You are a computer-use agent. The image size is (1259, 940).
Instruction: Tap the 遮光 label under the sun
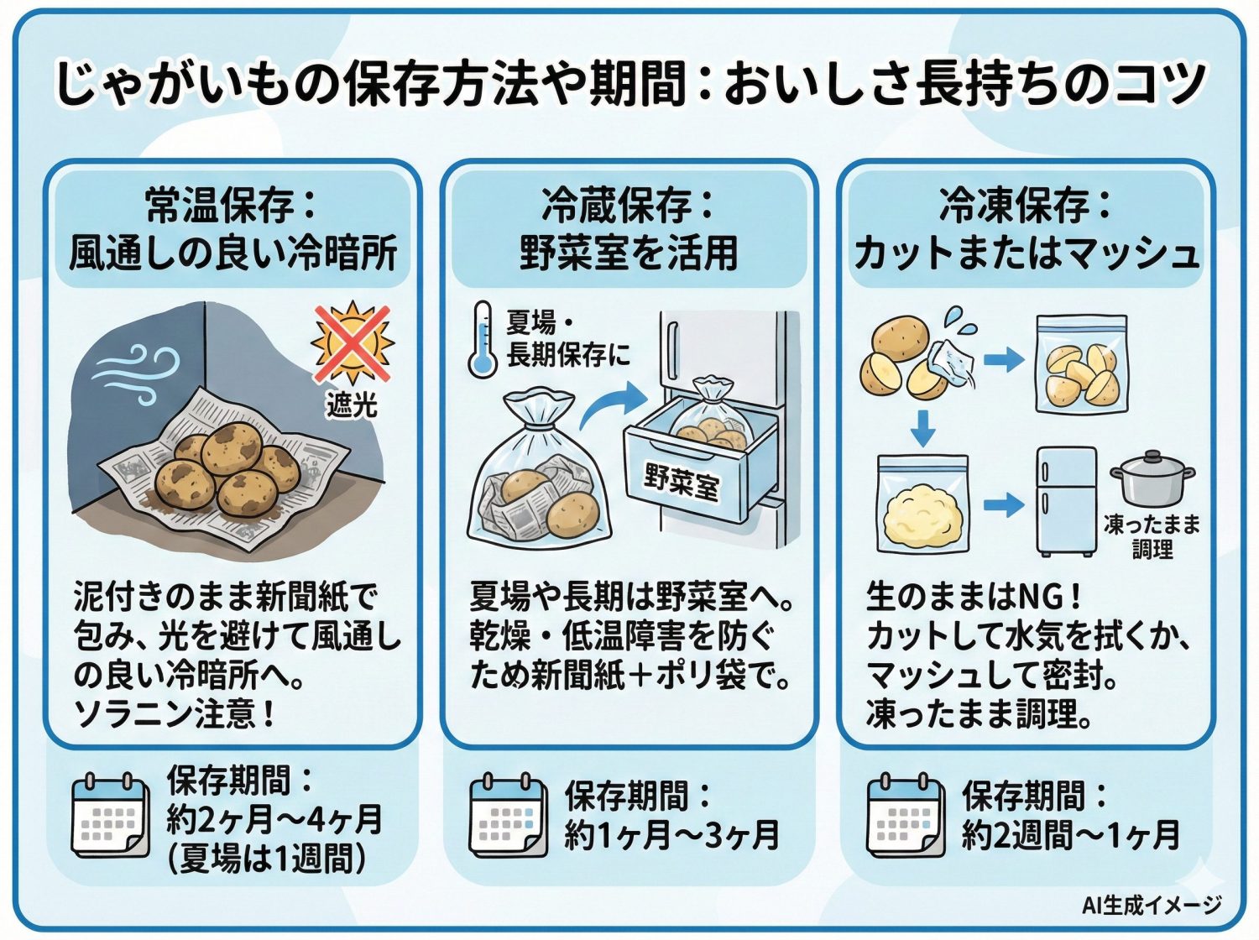pos(352,405)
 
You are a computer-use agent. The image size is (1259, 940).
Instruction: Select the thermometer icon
pos(483,340)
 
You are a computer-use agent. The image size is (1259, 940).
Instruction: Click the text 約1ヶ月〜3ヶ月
pos(671,835)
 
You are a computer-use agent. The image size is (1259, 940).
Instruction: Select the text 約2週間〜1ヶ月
pos(1070,835)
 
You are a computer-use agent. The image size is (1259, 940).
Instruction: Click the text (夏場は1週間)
pos(267,859)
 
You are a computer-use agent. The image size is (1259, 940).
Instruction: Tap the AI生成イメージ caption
pos(1151,905)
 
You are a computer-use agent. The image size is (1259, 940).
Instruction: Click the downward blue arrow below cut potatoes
pos(922,428)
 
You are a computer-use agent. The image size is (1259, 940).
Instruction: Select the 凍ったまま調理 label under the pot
pos(1152,537)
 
